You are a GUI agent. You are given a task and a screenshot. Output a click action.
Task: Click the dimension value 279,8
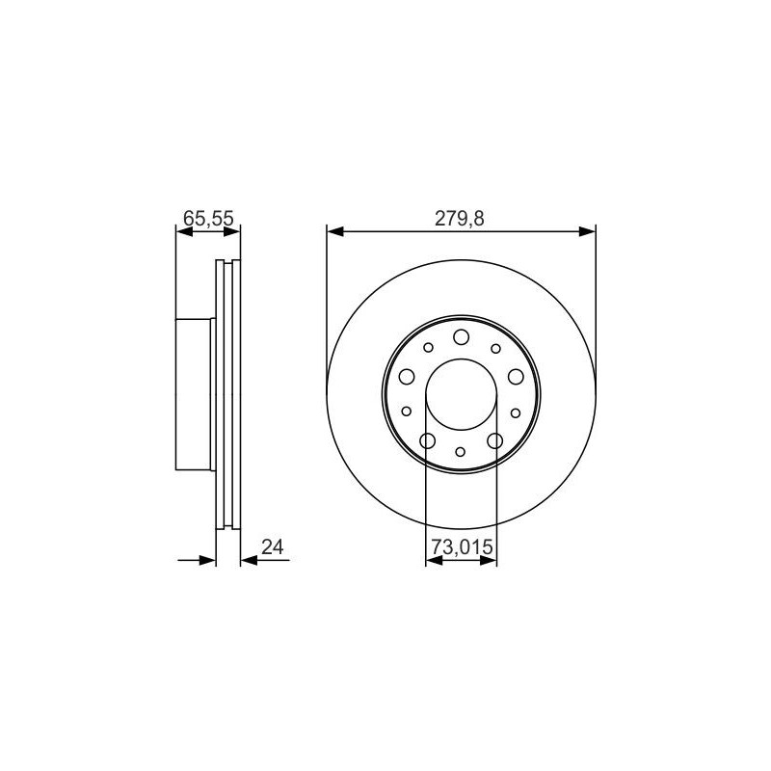[460, 219]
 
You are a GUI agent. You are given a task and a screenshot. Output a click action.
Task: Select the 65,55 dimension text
[208, 219]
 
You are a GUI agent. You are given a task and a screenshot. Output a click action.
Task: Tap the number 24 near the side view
[273, 546]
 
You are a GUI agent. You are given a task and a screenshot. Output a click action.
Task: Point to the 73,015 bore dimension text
[462, 546]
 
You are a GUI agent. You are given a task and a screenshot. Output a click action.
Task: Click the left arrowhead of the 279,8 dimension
[334, 231]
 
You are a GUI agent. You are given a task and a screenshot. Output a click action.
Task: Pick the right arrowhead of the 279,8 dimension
[588, 231]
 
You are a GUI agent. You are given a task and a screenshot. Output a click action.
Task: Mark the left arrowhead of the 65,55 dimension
[183, 231]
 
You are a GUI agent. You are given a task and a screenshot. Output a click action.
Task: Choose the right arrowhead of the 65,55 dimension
[232, 231]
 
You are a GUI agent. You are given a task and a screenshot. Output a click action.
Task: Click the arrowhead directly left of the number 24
[249, 560]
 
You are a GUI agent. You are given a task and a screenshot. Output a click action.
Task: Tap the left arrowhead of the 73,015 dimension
[434, 560]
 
